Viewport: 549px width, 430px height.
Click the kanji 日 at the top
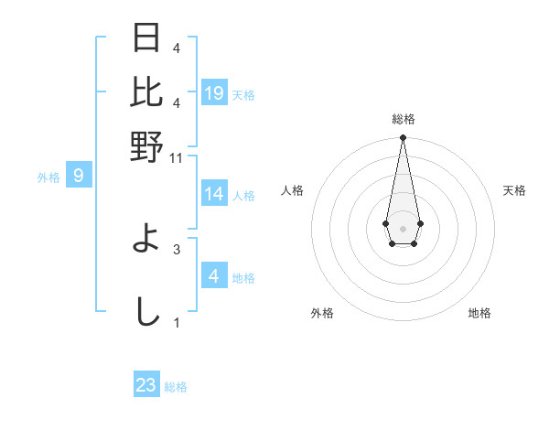point(147,38)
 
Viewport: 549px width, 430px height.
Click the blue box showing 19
point(214,92)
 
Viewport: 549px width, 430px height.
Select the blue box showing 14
point(214,194)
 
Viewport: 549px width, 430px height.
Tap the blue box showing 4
point(214,275)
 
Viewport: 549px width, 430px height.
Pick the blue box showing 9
point(79,176)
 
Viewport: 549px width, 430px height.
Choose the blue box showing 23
point(146,385)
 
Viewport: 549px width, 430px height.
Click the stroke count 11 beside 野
point(177,157)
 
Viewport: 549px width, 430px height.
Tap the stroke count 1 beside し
point(177,322)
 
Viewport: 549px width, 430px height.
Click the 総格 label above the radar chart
point(403,119)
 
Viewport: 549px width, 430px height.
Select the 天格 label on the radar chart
point(514,190)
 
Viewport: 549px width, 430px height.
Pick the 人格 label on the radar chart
point(292,190)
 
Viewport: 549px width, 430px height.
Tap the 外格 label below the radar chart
point(322,313)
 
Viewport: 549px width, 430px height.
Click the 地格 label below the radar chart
point(479,313)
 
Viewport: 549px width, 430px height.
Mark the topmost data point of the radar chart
point(403,138)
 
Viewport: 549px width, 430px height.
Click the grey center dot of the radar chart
point(403,227)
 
